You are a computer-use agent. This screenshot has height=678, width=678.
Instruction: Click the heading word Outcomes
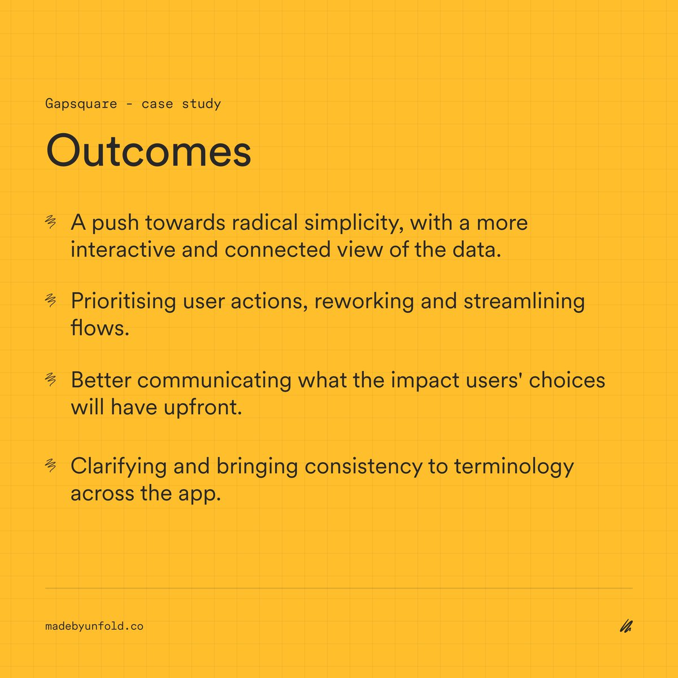[149, 151]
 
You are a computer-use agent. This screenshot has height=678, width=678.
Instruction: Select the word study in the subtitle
[201, 104]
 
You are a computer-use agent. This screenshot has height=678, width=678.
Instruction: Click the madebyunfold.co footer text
[94, 626]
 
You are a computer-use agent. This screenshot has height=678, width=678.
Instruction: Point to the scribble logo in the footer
[625, 626]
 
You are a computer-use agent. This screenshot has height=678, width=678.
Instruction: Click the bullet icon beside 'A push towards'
[51, 223]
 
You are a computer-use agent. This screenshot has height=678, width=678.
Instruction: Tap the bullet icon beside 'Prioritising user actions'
[51, 301]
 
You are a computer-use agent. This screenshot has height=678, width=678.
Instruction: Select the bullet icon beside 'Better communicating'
[51, 380]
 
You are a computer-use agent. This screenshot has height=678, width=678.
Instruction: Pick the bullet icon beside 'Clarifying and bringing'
[51, 466]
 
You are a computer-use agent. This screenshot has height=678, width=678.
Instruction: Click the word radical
[265, 223]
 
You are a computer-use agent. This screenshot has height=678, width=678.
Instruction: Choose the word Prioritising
[123, 301]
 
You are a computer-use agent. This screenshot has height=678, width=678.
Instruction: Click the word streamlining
[524, 301]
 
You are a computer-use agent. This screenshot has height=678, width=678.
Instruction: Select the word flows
[100, 328]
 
